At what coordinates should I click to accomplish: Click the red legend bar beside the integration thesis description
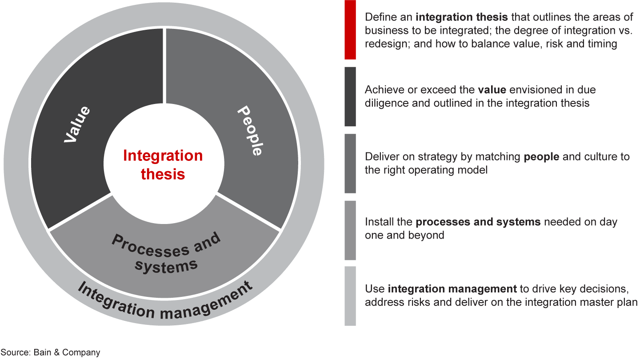(350, 30)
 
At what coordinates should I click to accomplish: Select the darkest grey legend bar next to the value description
(350, 96)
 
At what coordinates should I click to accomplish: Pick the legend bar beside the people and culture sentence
(350, 164)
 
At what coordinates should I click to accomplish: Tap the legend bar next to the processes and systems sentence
(350, 230)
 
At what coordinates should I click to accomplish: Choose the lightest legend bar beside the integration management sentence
(350, 296)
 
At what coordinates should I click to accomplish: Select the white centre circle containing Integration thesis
(164, 164)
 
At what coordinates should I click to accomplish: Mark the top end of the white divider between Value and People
(164, 28)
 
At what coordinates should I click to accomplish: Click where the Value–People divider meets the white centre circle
(164, 104)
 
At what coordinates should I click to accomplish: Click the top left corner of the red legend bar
(344, 0)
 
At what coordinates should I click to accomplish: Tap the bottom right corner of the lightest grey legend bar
(356, 326)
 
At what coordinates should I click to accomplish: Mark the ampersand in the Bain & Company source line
(57, 352)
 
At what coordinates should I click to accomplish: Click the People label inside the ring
(249, 131)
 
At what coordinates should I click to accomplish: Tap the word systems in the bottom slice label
(166, 266)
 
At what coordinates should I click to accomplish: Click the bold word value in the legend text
(492, 90)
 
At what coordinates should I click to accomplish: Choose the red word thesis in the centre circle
(163, 174)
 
